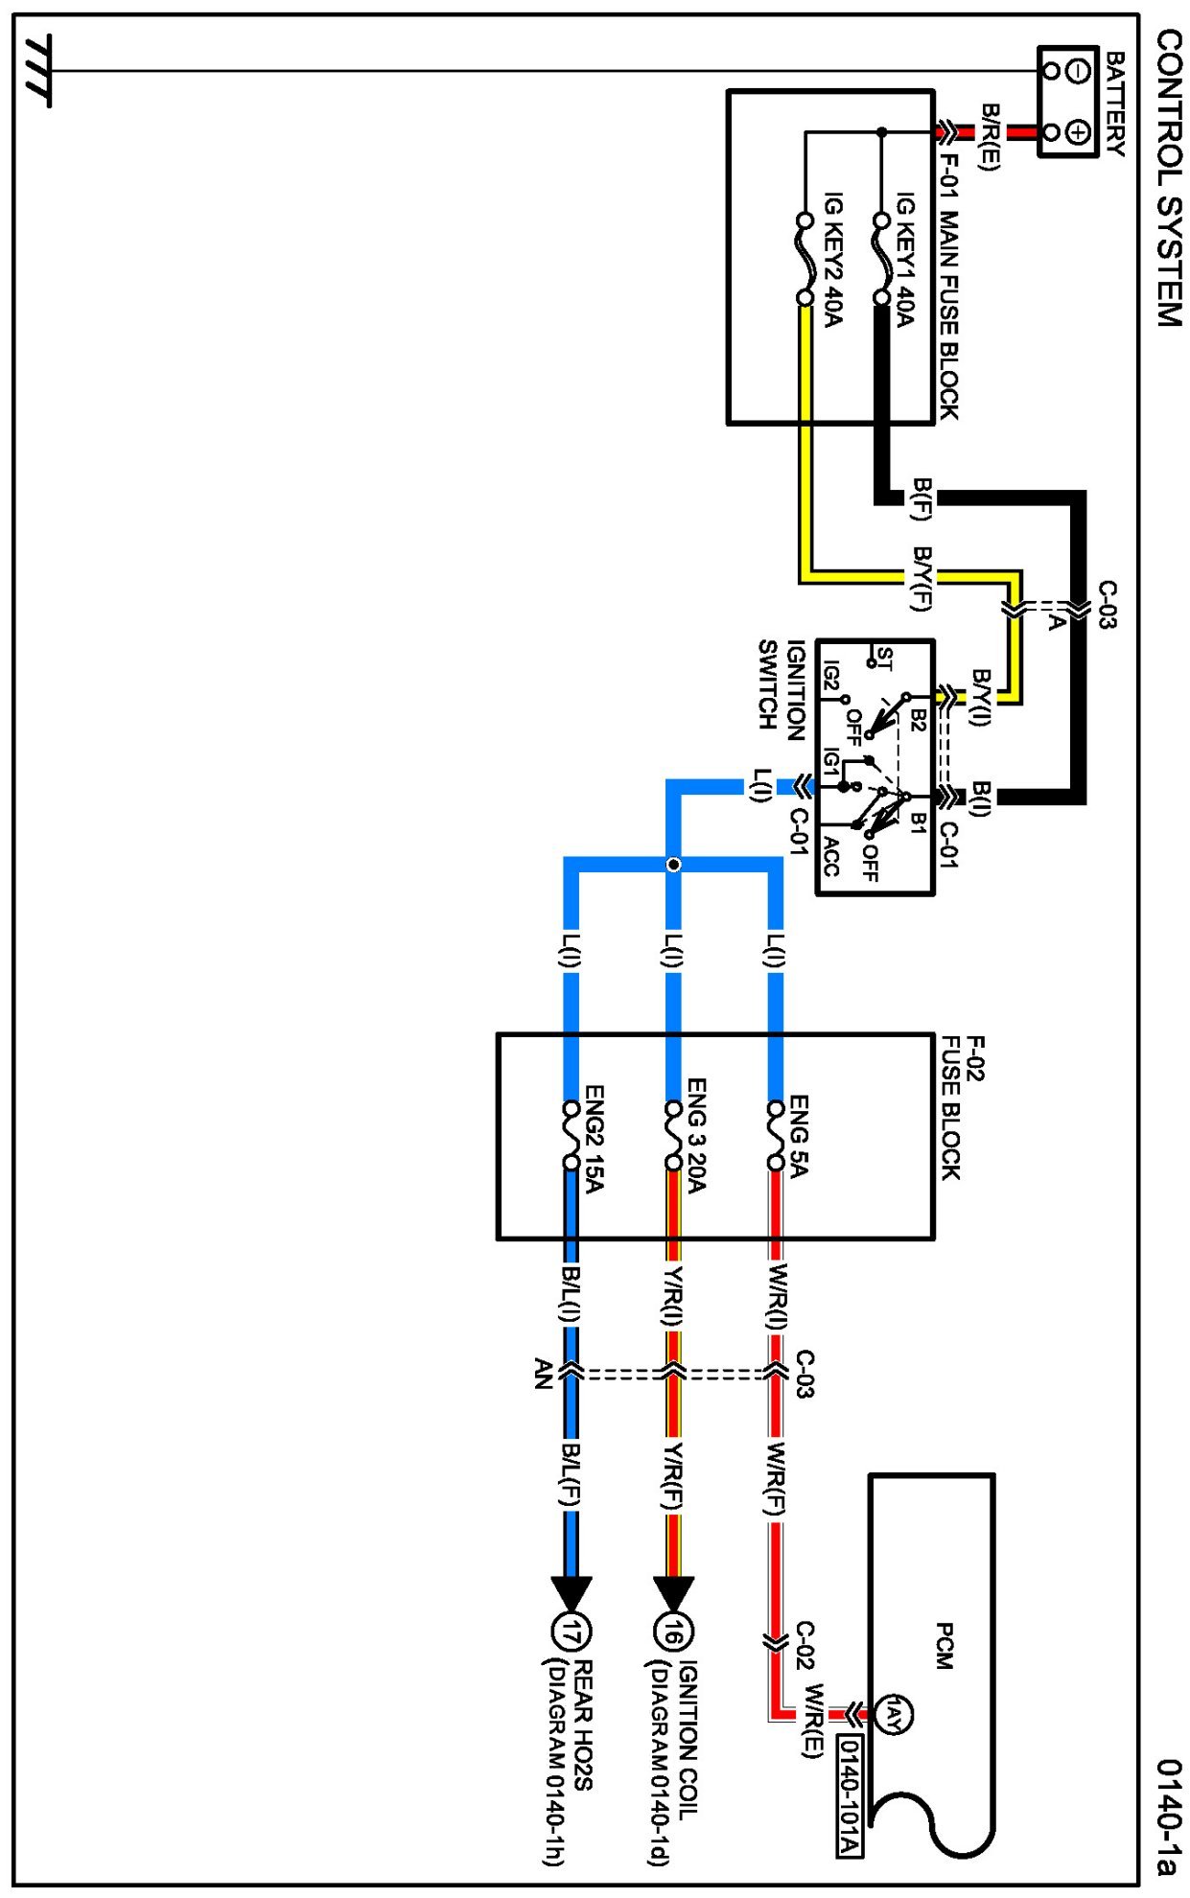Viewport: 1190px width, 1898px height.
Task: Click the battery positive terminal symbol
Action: point(1078,131)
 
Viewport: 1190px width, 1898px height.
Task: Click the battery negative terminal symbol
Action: point(1078,70)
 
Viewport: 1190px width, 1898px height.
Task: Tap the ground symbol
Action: point(39,70)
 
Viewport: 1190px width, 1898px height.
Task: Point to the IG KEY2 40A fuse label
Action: point(832,259)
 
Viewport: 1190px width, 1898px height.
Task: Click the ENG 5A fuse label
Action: point(799,1136)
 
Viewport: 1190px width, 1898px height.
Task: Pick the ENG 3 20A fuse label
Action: point(696,1136)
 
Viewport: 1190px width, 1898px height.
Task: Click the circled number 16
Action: point(673,1631)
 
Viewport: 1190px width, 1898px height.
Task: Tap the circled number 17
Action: point(572,1631)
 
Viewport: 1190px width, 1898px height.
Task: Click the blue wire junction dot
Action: point(674,865)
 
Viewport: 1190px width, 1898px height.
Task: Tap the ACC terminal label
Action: point(830,856)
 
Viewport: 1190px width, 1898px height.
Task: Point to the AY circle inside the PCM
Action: point(893,1714)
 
